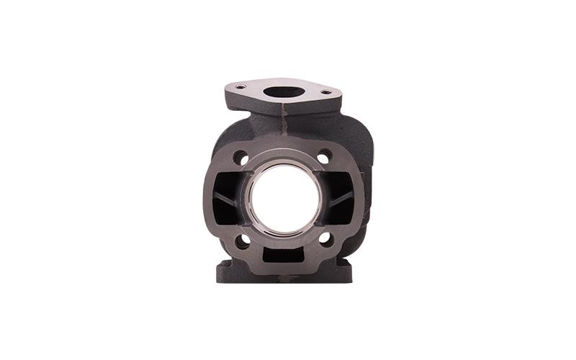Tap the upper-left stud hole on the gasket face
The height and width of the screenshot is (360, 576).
click(240, 157)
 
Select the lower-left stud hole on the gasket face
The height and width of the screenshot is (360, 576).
click(242, 240)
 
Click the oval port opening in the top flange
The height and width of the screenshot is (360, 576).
click(283, 92)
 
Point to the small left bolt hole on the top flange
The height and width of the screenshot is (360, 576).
click(240, 87)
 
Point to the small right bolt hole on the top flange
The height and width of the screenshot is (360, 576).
click(326, 91)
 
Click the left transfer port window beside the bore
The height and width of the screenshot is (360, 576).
click(229, 198)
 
